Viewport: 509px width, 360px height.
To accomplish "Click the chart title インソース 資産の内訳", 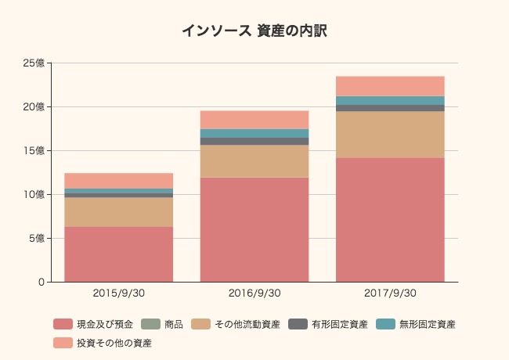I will point(254,31).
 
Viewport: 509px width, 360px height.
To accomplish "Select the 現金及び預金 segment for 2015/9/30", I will point(118,254).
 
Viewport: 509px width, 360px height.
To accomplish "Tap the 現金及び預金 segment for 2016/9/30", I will point(254,229).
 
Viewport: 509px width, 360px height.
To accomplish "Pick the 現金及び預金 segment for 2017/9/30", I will point(390,220).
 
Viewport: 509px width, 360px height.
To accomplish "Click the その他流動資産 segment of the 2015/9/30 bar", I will point(118,212).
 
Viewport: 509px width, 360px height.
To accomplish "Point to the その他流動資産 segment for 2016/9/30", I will point(254,161).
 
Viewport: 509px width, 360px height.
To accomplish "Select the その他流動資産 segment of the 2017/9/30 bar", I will point(390,135).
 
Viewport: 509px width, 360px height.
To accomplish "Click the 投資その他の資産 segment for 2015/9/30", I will point(118,181).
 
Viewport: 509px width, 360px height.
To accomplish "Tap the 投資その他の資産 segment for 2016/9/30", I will point(254,120).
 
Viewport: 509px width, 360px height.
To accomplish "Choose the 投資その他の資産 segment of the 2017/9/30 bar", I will point(390,86).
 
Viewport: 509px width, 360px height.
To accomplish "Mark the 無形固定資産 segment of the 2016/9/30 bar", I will point(254,133).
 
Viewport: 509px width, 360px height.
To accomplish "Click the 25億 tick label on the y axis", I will point(34,63).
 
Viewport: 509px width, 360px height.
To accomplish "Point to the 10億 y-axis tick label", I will point(34,194).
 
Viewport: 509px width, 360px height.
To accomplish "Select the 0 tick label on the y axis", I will point(41,282).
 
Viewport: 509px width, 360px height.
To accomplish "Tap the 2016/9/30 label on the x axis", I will point(254,293).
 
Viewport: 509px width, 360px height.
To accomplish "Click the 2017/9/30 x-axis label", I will point(390,293).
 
